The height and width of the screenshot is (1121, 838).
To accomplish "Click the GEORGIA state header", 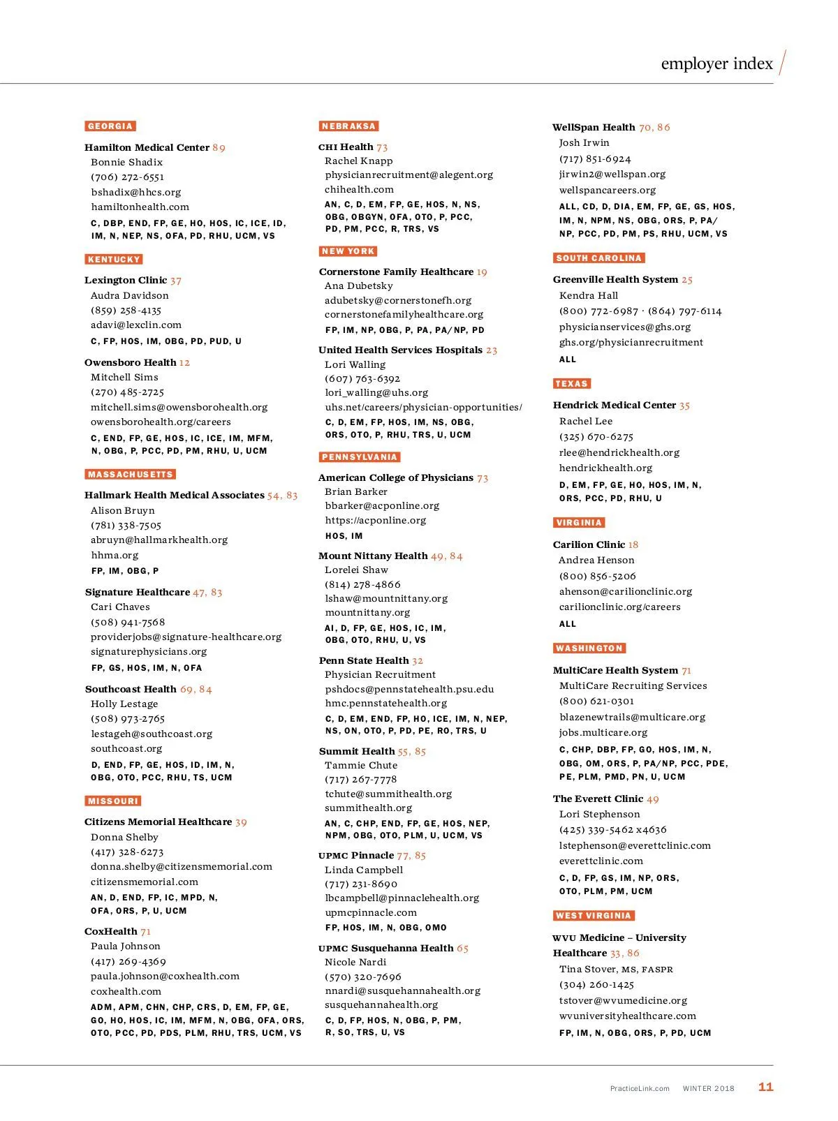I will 110,126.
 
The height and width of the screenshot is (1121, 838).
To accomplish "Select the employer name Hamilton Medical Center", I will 147,147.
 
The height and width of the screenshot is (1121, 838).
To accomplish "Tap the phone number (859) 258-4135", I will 126,310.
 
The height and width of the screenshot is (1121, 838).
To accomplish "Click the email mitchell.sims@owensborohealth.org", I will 179,407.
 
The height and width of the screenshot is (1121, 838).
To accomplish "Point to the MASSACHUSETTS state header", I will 130,475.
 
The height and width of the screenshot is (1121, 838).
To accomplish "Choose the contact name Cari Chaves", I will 120,607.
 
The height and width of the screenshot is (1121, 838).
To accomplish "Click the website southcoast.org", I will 126,748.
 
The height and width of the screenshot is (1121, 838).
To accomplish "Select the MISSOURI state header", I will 113,801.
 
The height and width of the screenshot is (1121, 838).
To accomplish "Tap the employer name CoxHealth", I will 111,931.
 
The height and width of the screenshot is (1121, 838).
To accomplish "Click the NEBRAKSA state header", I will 348,126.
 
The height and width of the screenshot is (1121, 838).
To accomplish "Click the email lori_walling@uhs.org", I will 376,393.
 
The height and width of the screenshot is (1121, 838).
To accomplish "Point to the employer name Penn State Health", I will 364,660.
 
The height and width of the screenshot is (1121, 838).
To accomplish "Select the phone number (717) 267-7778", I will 360,780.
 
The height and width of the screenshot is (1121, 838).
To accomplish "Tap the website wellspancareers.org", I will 608,190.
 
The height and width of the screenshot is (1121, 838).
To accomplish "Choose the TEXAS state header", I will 572,384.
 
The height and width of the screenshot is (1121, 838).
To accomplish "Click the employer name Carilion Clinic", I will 589,544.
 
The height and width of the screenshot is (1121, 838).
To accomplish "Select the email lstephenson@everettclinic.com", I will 635,845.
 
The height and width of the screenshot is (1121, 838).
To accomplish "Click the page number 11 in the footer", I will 766,1087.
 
